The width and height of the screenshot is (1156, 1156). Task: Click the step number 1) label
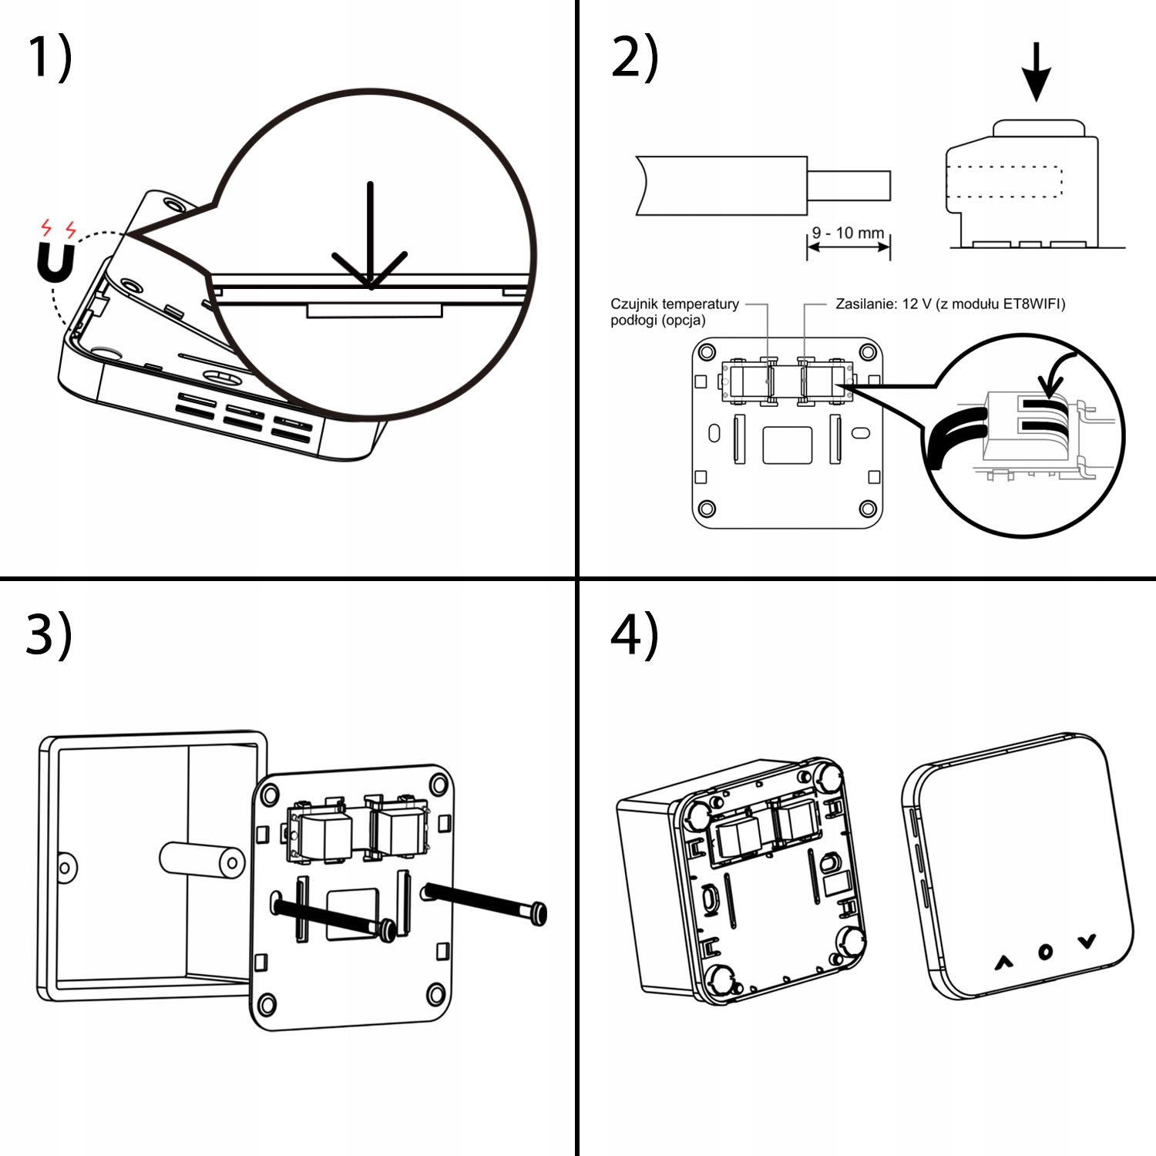49,57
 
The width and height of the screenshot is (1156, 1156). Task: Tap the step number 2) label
634,57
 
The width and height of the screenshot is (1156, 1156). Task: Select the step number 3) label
49,635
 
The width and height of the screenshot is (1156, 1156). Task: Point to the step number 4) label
634,635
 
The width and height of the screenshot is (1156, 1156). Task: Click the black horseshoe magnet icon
55,263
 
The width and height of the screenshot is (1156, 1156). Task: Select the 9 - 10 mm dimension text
848,233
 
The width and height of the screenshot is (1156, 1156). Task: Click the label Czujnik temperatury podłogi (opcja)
674,312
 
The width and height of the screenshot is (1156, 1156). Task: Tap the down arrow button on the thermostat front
1087,941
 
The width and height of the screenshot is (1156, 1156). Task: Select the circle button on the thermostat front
1045,952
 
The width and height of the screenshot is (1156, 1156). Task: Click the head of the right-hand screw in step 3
539,914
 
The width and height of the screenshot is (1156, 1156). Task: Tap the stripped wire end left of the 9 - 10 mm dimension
848,186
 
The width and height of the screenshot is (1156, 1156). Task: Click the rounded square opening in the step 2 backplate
787,445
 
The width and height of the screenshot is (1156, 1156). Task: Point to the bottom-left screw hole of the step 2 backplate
707,508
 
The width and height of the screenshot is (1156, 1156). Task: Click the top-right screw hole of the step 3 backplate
439,785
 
